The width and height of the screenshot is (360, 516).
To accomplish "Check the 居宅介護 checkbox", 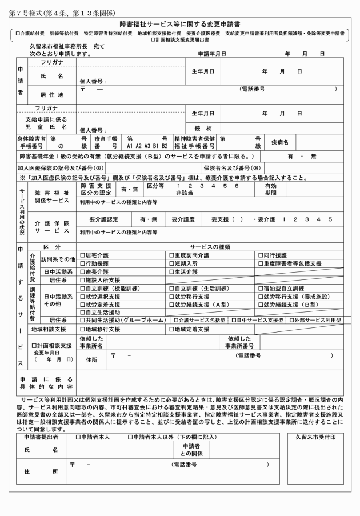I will (x=82, y=255).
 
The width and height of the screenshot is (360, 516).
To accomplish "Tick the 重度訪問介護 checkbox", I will (x=171, y=255).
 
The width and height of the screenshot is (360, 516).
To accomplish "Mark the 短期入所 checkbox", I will (x=171, y=263).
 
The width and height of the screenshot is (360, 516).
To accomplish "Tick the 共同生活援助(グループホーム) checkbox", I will (x=82, y=321).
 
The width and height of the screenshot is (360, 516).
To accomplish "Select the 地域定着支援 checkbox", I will (x=171, y=329).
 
